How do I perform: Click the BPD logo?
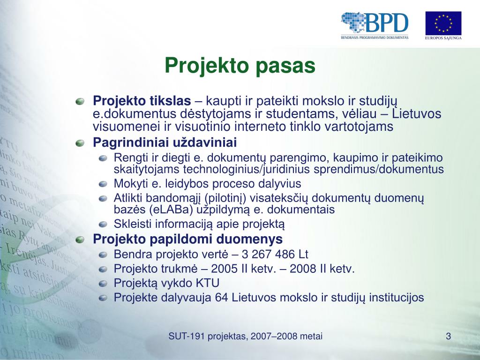(x=375, y=25)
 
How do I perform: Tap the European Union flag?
(x=443, y=23)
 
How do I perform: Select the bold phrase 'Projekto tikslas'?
(x=142, y=101)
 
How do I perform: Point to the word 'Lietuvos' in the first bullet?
(x=417, y=113)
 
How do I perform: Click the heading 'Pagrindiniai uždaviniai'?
(x=165, y=142)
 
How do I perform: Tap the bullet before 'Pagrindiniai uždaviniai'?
(x=80, y=143)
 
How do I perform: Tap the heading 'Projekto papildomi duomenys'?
(x=187, y=239)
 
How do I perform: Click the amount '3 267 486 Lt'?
(x=275, y=255)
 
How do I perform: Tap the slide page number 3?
(x=449, y=337)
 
